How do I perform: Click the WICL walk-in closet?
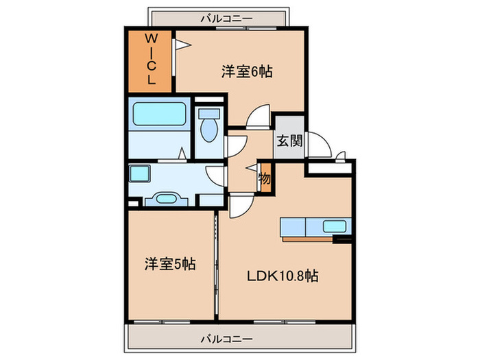click(149, 61)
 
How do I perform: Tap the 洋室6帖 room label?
click(247, 71)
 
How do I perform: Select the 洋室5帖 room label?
click(170, 264)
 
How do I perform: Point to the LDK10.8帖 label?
click(283, 276)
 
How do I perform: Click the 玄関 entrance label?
click(289, 141)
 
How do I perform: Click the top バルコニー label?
click(227, 19)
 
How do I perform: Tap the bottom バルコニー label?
click(227, 339)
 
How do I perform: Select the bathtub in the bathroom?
click(159, 114)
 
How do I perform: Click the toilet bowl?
click(209, 130)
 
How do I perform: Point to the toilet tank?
click(209, 114)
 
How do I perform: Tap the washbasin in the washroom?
click(166, 199)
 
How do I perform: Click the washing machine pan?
click(140, 173)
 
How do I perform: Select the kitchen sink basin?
click(335, 226)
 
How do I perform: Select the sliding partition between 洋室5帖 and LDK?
click(216, 265)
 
